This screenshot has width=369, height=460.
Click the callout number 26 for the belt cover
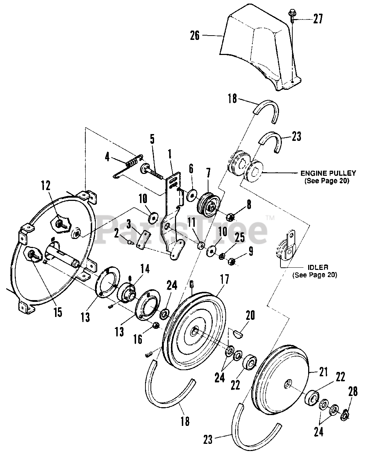tap(195, 36)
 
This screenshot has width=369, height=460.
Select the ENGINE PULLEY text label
tap(328, 173)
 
